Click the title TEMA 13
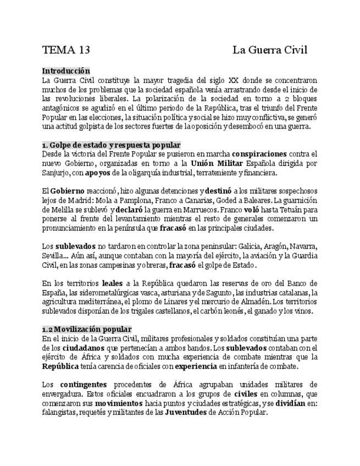coord(66,51)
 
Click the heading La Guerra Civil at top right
coord(269,51)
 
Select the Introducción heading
coord(66,71)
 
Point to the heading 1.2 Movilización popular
coord(87,329)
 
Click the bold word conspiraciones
coord(259,154)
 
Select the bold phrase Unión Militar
coord(215,163)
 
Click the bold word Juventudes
coord(185,413)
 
